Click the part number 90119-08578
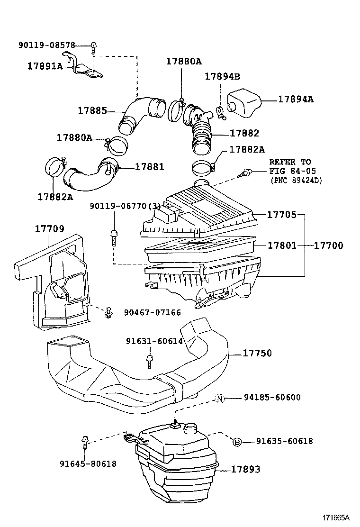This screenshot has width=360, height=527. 47,45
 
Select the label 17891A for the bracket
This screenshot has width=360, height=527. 45,66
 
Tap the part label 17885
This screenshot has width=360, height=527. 92,111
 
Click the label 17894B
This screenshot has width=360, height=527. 223,77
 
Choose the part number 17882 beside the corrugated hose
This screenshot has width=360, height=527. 244,134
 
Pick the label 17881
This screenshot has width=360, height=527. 149,167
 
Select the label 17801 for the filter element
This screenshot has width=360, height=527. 282,245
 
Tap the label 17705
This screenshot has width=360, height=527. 282,215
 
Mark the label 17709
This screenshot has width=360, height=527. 49,229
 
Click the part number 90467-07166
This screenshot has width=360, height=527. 153,312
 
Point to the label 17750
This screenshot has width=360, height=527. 258,353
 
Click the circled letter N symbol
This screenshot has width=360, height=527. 220,399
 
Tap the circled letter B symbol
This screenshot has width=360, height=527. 237,442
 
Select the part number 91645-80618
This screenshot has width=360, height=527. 88,464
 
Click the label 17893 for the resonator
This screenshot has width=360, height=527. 246,470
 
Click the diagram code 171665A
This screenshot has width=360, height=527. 337,517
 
